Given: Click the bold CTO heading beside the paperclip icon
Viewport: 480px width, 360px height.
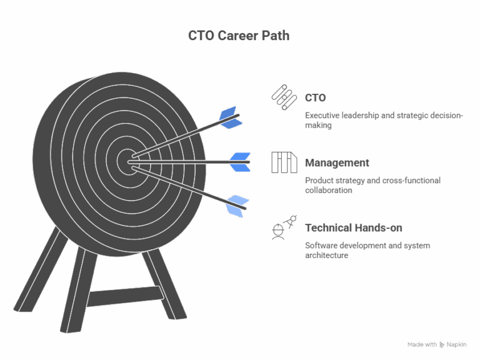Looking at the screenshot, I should point(315,98).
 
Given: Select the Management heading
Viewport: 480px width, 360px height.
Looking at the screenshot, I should point(337,163).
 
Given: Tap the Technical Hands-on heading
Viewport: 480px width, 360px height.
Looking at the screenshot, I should point(353,228).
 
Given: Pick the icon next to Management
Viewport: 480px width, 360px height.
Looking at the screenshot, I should point(284,162).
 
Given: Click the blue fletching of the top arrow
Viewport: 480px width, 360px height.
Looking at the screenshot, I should point(231,117).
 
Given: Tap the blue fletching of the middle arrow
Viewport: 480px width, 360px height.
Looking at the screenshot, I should point(239,161).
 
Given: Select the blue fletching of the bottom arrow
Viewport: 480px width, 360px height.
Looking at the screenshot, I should point(237,205).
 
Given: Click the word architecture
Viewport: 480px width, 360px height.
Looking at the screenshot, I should point(326,255).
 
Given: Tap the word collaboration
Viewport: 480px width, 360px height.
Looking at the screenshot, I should point(328,190).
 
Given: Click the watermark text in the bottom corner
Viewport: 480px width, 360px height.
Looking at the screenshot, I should point(437,344).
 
